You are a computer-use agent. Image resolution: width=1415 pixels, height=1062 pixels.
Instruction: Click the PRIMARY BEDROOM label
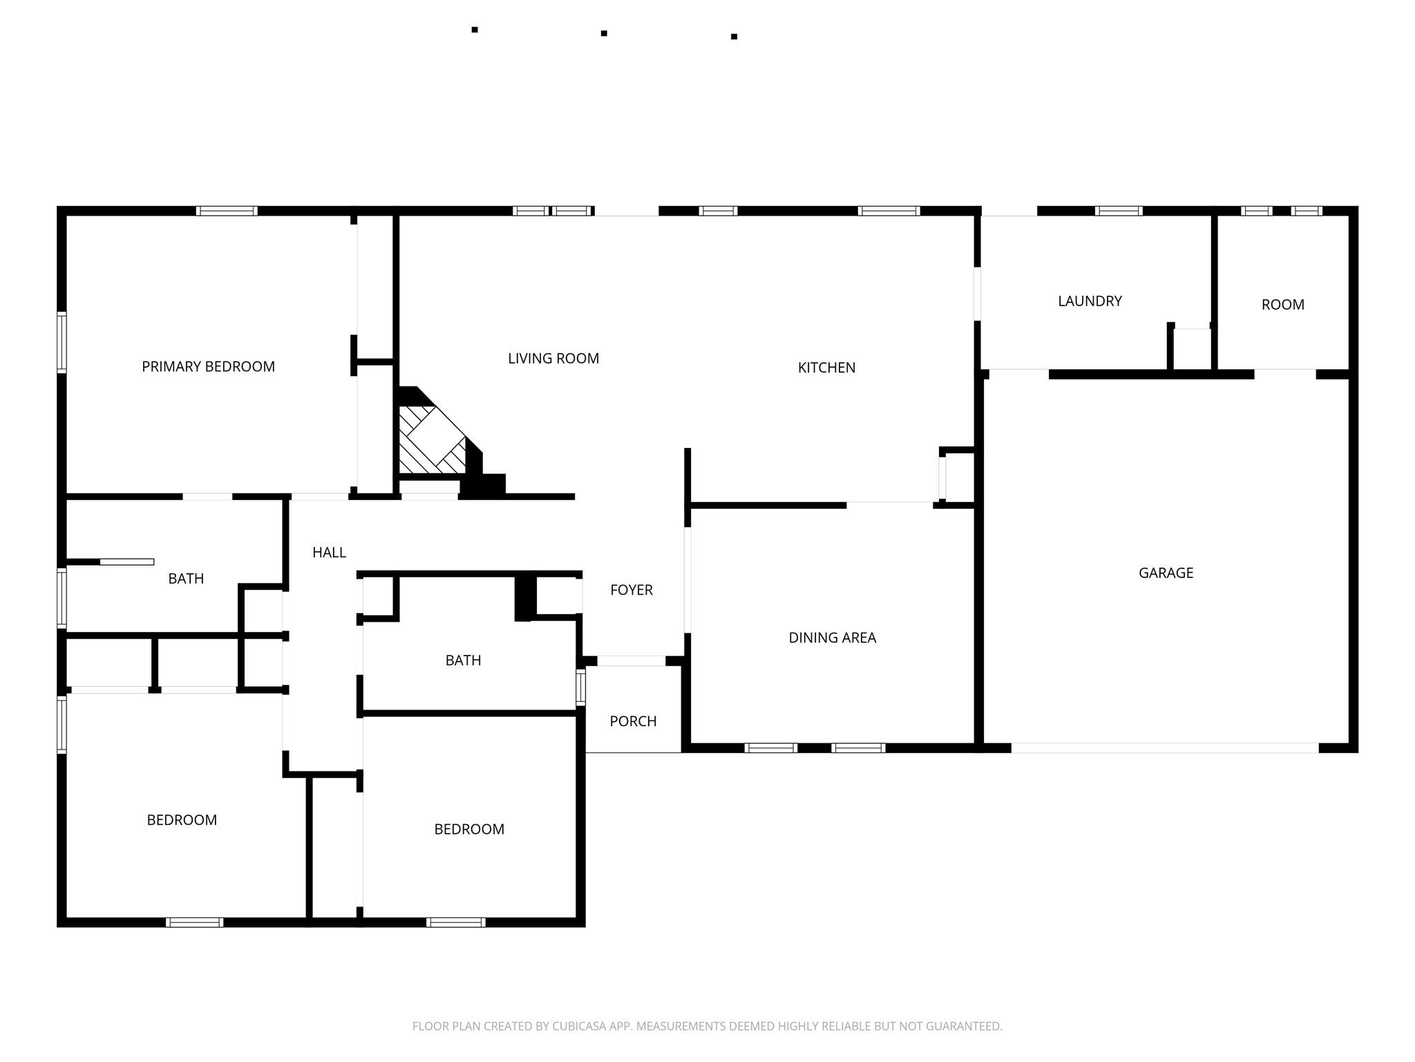coord(208,366)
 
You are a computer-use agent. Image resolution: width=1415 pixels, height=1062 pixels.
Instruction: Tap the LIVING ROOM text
coord(553,358)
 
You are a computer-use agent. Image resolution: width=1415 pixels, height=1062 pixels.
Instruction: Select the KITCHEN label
coord(826,368)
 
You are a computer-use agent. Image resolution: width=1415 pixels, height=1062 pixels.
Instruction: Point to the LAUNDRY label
coord(1090,301)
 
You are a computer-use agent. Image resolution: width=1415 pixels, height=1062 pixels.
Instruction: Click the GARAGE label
coord(1166,572)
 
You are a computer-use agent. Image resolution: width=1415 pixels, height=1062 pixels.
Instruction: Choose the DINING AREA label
coord(832,637)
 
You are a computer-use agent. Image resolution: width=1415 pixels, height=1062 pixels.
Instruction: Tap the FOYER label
coord(631,590)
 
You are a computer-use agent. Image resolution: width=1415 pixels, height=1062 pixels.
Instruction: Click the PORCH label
coord(633,721)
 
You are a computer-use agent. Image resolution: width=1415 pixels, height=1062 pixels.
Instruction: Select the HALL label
coord(329,552)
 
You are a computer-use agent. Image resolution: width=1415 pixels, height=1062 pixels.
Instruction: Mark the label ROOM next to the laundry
coord(1282,305)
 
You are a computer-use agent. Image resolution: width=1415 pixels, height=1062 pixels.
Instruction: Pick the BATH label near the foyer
coord(463,660)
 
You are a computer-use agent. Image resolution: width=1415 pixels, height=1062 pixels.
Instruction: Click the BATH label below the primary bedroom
coord(186,579)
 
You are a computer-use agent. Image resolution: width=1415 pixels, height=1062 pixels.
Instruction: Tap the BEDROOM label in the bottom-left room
coord(182,820)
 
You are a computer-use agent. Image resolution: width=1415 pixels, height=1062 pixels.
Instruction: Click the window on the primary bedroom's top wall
coord(227,211)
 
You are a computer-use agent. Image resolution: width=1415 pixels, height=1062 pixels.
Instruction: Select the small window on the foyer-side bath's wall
coord(581,687)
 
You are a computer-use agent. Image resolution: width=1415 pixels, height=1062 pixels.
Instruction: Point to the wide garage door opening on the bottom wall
coord(1165,748)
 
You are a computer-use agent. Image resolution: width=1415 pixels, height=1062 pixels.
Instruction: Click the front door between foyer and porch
coord(631,661)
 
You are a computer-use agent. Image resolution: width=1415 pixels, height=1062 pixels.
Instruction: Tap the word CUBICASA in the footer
coord(578,1026)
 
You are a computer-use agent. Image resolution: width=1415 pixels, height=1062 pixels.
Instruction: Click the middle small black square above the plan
coord(604,33)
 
